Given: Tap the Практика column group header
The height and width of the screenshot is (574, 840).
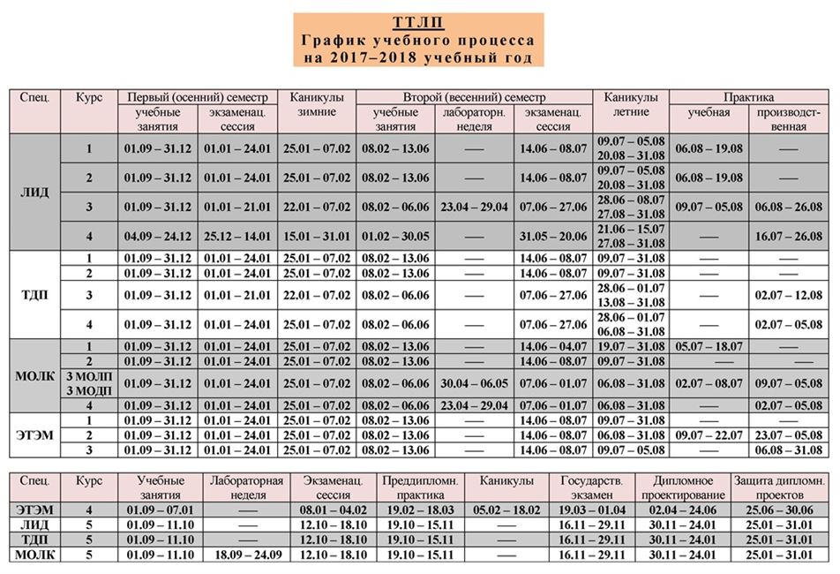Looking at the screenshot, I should (748, 97).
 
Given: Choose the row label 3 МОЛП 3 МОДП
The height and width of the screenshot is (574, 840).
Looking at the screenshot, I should (88, 382).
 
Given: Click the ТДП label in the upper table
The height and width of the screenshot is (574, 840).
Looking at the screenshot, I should (34, 293).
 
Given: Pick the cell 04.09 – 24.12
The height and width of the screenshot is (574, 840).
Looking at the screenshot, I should (158, 236).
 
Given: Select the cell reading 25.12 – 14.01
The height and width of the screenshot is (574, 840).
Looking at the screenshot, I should (237, 236).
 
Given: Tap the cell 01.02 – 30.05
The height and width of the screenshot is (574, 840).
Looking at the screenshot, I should (394, 236).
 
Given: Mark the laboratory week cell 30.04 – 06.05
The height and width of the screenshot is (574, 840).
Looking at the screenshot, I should (474, 382).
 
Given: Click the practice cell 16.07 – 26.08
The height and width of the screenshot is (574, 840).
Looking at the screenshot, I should (788, 236).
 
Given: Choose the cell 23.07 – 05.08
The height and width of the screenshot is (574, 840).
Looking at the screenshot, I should (788, 434).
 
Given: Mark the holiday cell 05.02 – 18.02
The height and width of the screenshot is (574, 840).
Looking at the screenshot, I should (506, 510).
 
